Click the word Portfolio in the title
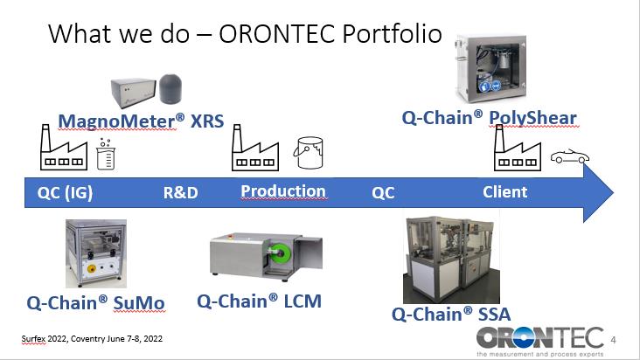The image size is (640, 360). [x=392, y=33]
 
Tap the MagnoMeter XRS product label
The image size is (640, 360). [x=141, y=121]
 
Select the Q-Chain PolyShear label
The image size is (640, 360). [x=489, y=118]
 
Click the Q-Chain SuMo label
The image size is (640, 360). [x=95, y=303]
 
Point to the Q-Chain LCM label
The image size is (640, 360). [x=259, y=301]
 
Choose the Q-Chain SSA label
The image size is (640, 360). [x=451, y=315]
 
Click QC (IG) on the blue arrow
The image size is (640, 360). [x=65, y=192]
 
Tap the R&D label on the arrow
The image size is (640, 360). [x=180, y=192]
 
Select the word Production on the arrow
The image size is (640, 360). [x=283, y=191]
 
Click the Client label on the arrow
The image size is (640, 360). [x=504, y=192]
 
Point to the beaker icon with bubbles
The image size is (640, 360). [x=106, y=154]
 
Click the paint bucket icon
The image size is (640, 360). [x=309, y=152]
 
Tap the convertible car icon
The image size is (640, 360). [x=570, y=156]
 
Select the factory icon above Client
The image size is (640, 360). [x=518, y=148]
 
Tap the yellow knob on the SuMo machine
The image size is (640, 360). [x=92, y=268]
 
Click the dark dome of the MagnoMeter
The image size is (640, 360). [x=170, y=88]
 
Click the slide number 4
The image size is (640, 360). [x=613, y=340]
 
